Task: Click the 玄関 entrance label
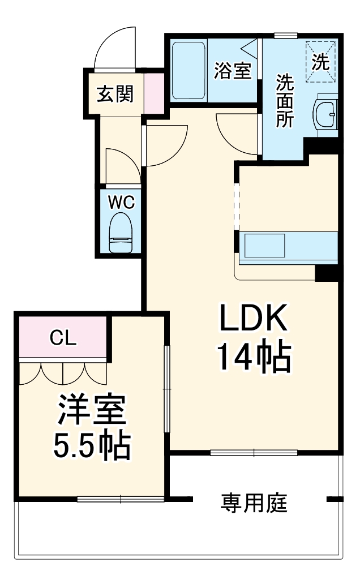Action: (x=115, y=94)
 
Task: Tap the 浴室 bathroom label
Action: (x=233, y=71)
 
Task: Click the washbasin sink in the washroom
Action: (x=326, y=114)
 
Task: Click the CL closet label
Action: (x=63, y=338)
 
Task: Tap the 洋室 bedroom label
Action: (x=91, y=411)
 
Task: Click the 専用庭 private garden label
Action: (x=254, y=503)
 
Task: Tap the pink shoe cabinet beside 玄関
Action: (x=153, y=94)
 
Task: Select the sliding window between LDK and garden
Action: (x=254, y=453)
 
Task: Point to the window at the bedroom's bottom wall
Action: (x=120, y=499)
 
